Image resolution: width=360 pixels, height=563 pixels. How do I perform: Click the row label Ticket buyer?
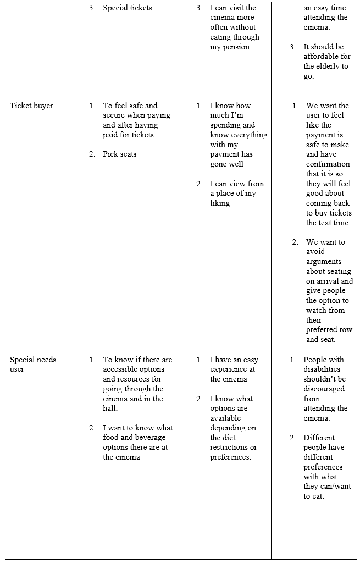click(31, 106)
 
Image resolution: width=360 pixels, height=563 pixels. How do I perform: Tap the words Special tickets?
click(128, 8)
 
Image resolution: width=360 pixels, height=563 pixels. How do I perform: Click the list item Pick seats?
click(119, 154)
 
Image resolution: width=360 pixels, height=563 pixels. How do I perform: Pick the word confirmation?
click(328, 164)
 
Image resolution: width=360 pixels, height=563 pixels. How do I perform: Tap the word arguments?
click(324, 261)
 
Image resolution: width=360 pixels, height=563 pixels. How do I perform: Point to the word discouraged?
click(324, 389)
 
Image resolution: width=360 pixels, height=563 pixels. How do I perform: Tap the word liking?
click(220, 203)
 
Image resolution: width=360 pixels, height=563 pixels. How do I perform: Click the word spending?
click(225, 125)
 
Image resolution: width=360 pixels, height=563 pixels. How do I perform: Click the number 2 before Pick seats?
click(92, 154)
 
